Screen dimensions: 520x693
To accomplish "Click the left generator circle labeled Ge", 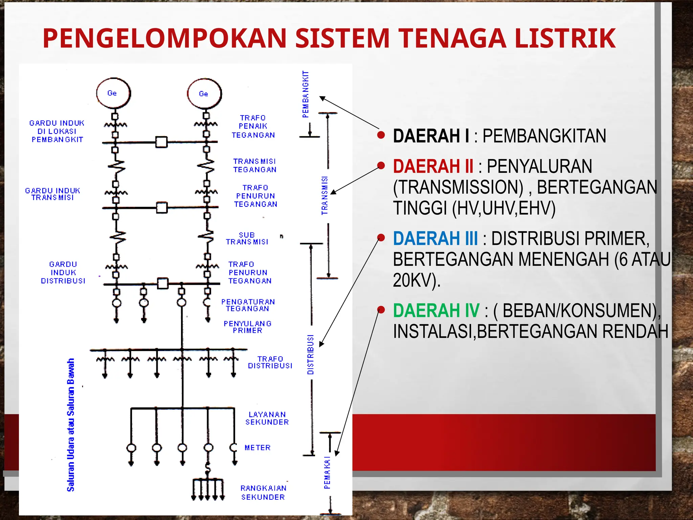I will [113, 93].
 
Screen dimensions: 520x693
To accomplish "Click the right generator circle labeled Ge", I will [204, 94].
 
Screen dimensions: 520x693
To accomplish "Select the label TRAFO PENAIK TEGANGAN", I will [253, 127].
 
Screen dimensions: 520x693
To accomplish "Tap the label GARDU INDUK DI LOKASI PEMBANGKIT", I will [57, 131].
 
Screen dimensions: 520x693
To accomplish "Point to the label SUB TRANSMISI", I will [247, 238].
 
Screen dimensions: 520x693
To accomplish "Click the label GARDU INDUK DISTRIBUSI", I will [63, 273].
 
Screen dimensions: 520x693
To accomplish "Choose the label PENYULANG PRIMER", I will [247, 327].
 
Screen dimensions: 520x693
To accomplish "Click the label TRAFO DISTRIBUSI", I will [270, 362].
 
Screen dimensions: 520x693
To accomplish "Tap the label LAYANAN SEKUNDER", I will [267, 418].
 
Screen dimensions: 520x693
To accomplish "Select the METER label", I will [258, 448].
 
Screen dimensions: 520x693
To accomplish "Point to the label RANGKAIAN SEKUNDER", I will [263, 493].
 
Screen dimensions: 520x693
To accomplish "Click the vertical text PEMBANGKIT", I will [306, 94].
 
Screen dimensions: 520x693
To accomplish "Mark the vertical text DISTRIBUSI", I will [310, 354].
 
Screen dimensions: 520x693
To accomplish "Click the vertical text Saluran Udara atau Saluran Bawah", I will [70, 425].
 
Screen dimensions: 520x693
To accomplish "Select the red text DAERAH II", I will [433, 166].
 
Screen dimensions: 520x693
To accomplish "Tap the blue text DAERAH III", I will [435, 238].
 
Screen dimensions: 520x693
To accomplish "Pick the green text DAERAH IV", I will [436, 310].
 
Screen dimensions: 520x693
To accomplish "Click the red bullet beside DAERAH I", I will [381, 135].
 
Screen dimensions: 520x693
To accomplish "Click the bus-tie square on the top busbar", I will [161, 142].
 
